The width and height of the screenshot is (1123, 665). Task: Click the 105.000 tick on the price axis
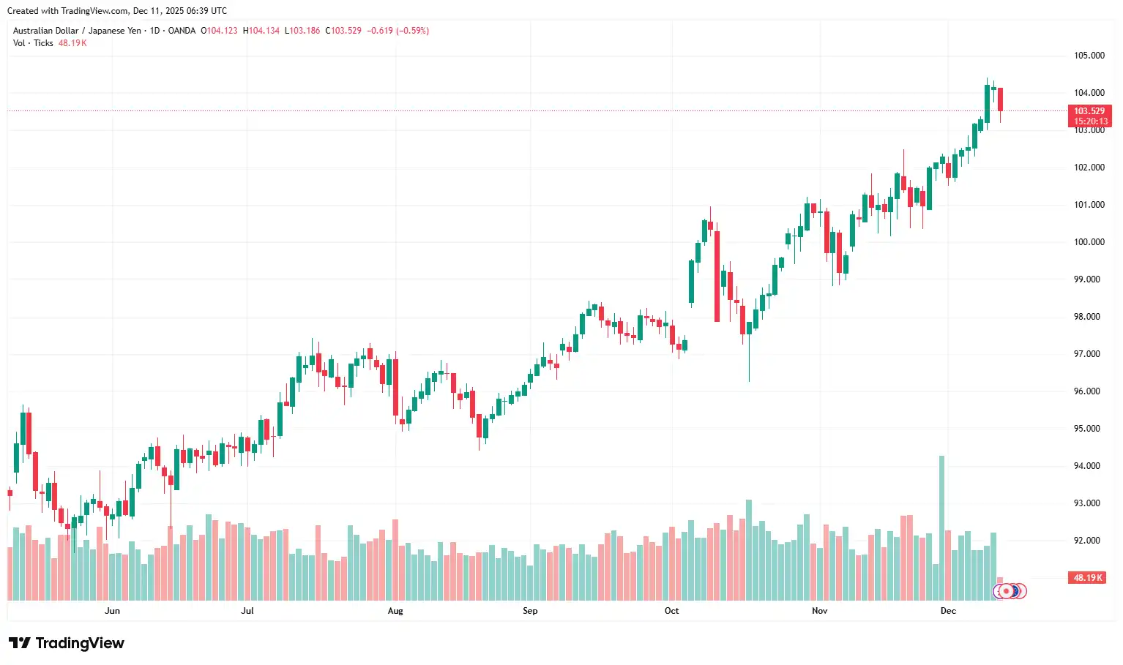(1089, 56)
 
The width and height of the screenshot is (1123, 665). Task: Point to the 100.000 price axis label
(1089, 242)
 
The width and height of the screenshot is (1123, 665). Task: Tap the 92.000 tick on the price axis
(1089, 541)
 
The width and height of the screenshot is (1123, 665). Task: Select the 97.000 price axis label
(1089, 354)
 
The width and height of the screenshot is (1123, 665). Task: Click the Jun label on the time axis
(112, 611)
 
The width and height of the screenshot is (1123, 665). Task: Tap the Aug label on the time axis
(395, 611)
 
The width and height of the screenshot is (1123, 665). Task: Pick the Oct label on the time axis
(671, 611)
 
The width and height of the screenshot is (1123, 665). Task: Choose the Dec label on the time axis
(948, 611)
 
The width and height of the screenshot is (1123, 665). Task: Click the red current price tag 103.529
(1089, 111)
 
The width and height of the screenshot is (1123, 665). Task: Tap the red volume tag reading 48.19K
(1087, 578)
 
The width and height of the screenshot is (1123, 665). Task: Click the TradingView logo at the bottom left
(67, 643)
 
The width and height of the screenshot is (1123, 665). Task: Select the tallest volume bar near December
(941, 527)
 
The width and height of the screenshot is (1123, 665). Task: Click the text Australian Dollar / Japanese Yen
(77, 31)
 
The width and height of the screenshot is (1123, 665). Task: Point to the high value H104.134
(262, 31)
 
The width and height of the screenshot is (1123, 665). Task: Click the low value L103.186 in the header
(302, 31)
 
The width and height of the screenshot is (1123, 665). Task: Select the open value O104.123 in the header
(219, 31)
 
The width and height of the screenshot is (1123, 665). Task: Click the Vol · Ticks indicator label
(33, 43)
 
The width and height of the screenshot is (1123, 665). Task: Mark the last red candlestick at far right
(1000, 99)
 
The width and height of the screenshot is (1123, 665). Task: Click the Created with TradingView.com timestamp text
(117, 11)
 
